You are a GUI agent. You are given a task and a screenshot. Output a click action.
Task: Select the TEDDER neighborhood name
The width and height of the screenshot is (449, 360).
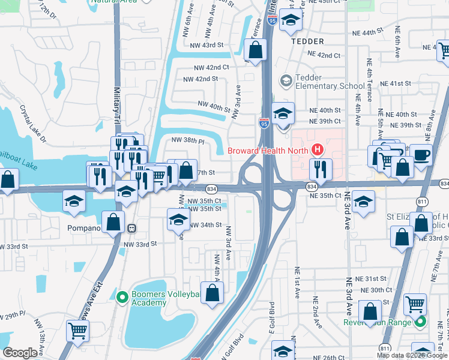tap(307, 41)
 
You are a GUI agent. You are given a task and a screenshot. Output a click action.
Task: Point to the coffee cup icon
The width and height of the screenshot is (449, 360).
tap(421, 154)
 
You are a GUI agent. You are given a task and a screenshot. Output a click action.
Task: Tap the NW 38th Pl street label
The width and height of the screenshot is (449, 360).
tap(188, 140)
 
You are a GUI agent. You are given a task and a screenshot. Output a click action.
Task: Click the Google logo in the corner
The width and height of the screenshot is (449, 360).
tap(20, 353)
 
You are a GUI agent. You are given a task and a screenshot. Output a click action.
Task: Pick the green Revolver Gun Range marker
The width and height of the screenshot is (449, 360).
tap(421, 322)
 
